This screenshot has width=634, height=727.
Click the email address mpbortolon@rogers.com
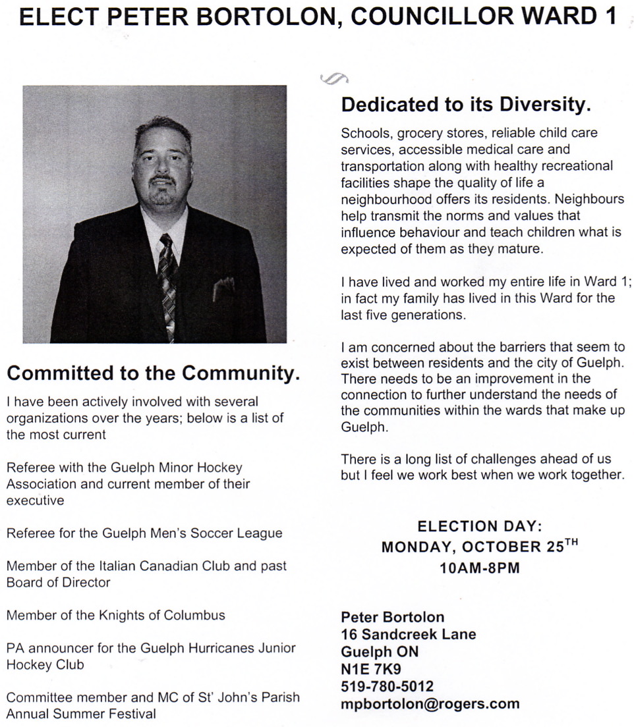(430, 703)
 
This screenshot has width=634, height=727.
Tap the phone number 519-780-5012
(387, 686)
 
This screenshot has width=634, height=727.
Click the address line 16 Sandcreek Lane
(408, 635)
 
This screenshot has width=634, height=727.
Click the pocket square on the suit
(223, 287)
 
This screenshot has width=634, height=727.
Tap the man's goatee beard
(161, 192)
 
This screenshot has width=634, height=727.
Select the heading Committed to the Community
(153, 373)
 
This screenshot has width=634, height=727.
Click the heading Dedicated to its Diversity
(465, 104)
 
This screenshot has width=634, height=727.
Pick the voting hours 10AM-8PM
(479, 568)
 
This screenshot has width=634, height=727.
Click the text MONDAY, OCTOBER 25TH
(479, 547)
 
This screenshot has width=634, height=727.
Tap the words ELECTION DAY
(479, 526)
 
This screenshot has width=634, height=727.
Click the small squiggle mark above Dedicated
(333, 79)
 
